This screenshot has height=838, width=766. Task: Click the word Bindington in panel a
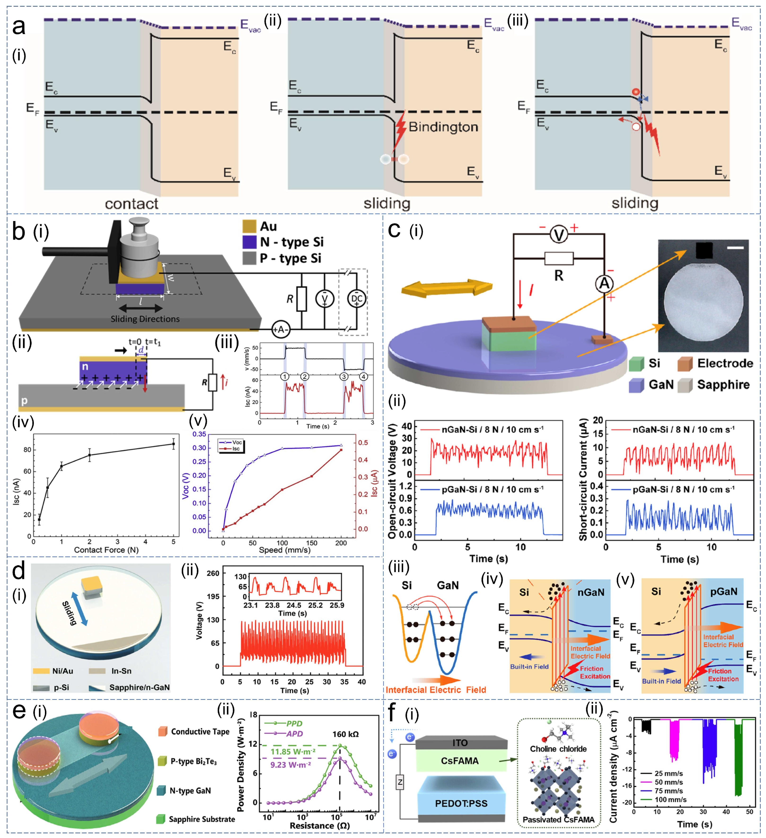[443, 127]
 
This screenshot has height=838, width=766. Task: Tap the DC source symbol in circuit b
[357, 298]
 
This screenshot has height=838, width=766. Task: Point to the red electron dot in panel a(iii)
[635, 92]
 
